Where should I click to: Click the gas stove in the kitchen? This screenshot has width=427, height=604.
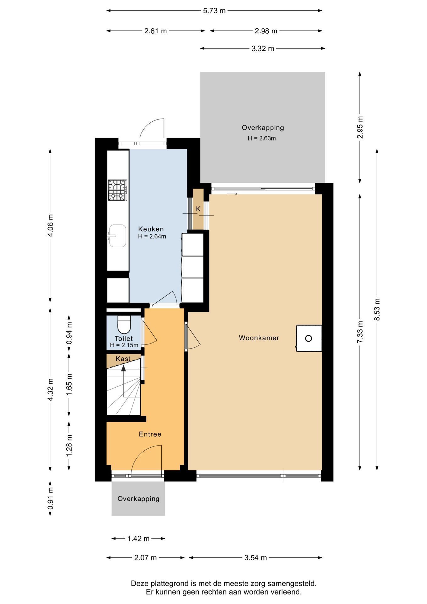click(118, 190)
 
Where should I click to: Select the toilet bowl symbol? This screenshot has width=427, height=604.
click(124, 324)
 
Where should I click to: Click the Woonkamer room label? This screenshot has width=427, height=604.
click(259, 338)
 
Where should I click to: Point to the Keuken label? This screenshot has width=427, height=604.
click(151, 229)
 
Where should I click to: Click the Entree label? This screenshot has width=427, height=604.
click(150, 434)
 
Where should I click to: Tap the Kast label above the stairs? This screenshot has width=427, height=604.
click(123, 359)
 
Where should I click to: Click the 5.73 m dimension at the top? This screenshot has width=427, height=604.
click(214, 11)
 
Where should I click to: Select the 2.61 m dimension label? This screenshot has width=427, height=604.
click(156, 31)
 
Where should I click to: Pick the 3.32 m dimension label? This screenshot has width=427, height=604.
click(263, 48)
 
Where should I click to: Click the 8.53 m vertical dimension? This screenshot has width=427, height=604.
click(377, 309)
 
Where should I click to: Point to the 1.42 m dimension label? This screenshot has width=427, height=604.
click(138, 539)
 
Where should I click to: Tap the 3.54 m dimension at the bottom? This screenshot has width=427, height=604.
click(256, 558)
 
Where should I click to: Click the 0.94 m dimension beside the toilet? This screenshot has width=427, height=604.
click(69, 333)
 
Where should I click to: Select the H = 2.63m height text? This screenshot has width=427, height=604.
click(262, 138)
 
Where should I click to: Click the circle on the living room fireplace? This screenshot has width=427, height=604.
click(308, 338)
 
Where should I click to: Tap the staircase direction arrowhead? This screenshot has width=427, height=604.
click(124, 368)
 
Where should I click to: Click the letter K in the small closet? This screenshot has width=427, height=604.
click(198, 209)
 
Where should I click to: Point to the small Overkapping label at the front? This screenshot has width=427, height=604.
click(138, 499)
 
